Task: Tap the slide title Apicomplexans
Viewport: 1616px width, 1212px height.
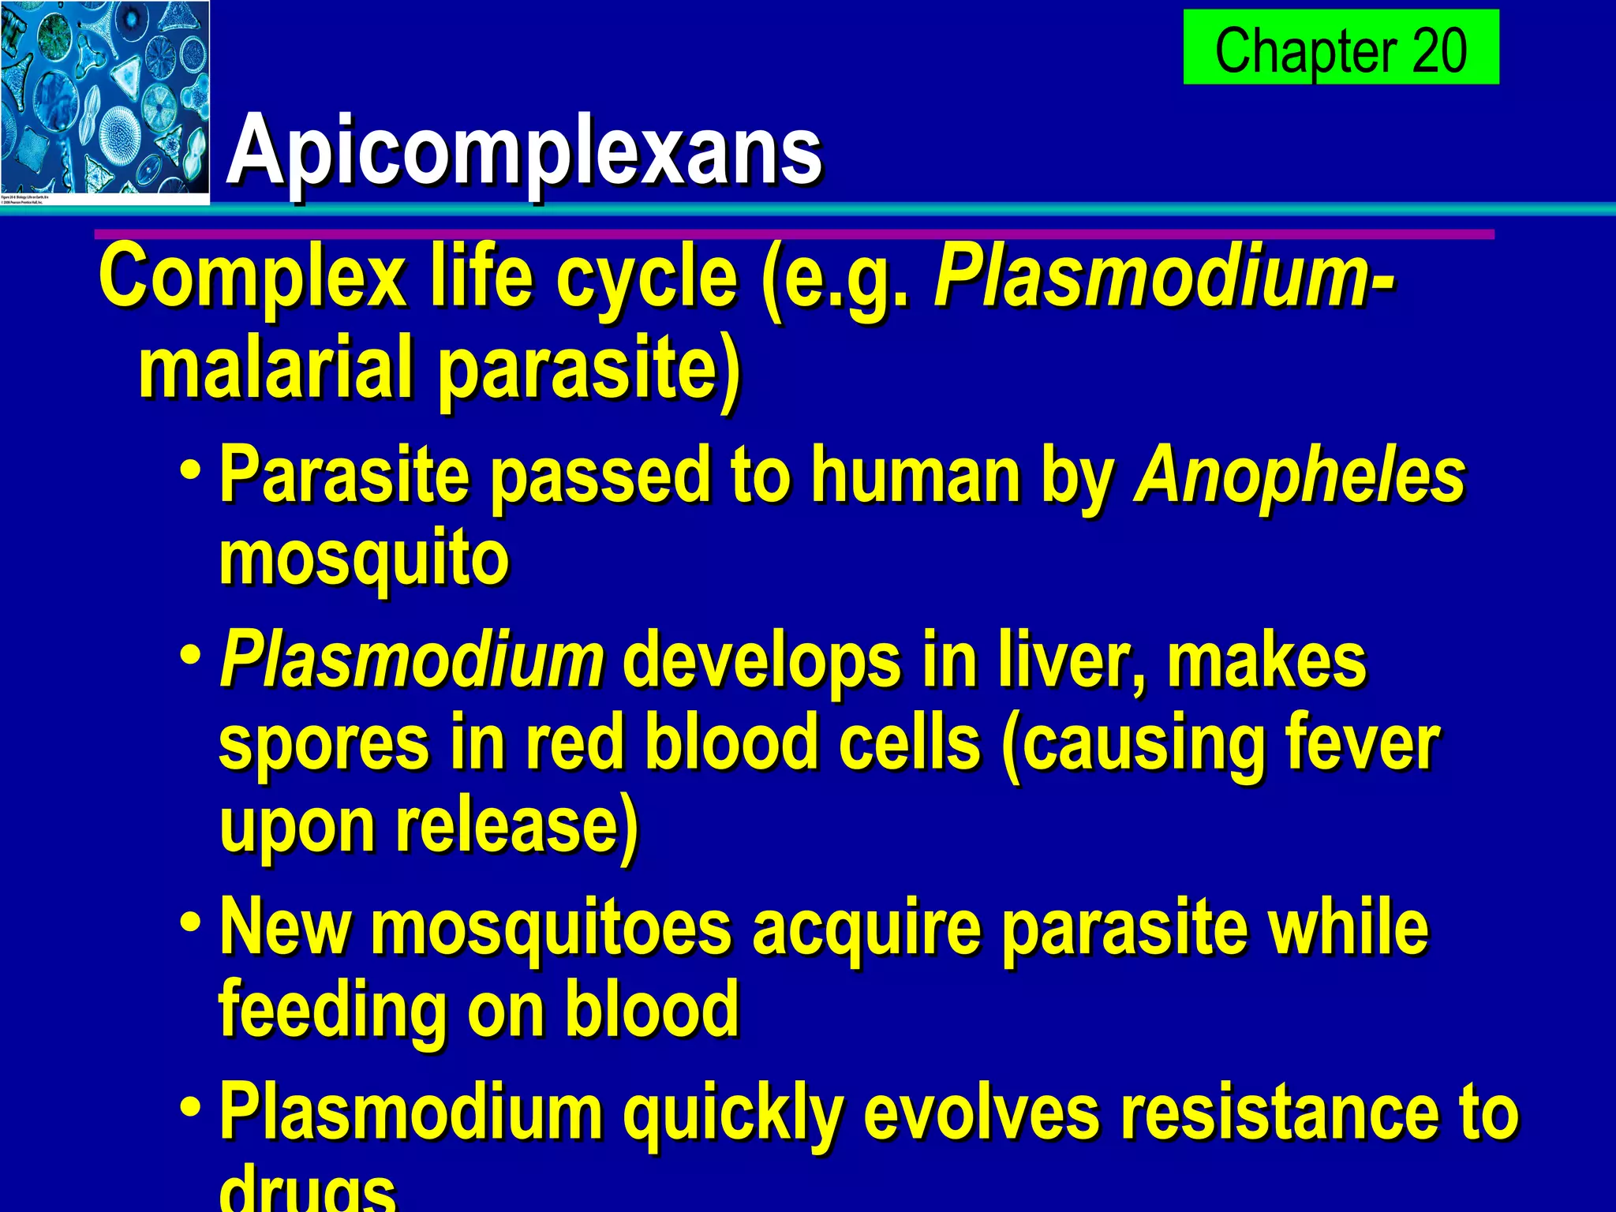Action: pos(525,150)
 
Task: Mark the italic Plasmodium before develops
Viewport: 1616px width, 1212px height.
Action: pos(411,661)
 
